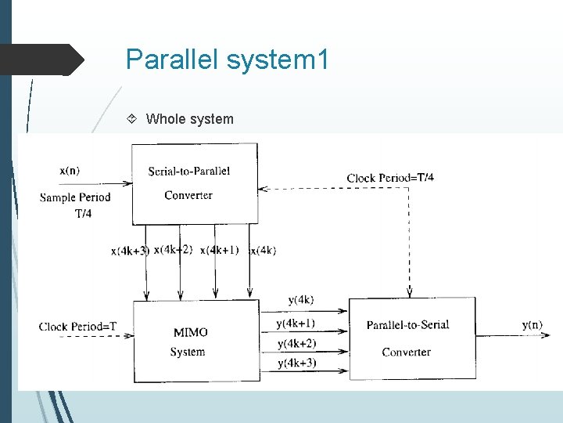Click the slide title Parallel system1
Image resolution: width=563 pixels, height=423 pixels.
click(x=227, y=60)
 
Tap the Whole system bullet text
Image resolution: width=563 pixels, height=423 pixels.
click(x=189, y=119)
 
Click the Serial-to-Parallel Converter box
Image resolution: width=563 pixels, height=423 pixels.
click(x=195, y=183)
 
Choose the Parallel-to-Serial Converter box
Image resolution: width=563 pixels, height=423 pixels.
click(x=411, y=338)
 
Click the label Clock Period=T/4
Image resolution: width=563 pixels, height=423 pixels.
click(x=390, y=178)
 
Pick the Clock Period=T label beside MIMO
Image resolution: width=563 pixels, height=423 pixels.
click(x=78, y=326)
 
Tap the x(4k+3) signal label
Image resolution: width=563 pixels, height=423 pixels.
click(x=130, y=251)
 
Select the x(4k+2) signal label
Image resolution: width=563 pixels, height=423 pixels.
click(x=174, y=250)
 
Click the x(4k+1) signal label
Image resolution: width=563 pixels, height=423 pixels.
click(x=220, y=250)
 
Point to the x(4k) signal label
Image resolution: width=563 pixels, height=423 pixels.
click(x=264, y=251)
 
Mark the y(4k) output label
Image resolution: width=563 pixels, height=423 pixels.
click(x=301, y=300)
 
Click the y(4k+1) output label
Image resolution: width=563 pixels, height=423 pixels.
click(x=296, y=323)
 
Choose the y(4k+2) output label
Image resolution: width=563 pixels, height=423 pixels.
click(x=296, y=344)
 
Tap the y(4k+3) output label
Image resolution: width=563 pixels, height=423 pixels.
click(x=296, y=363)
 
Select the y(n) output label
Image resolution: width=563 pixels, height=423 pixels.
click(x=533, y=325)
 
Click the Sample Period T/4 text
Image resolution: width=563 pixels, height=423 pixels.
click(x=75, y=204)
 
